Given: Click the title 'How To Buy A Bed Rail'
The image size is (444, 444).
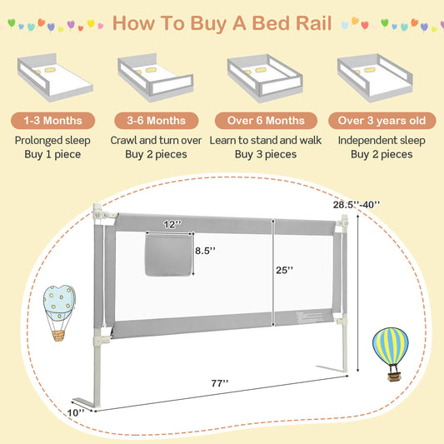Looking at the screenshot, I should pos(222,22).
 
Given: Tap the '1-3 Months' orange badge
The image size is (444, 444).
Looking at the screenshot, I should pos(52,120).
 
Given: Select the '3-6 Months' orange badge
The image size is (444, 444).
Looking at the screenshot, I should pos(157,120).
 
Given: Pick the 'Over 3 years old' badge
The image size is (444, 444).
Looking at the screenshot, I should pos(382,120).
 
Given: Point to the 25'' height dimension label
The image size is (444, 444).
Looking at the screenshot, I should pos(285,269).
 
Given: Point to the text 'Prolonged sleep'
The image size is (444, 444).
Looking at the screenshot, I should pos(52,140).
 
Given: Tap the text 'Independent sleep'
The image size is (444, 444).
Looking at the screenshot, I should pos(382,140).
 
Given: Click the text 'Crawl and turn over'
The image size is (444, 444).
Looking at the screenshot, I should pos(157,140).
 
